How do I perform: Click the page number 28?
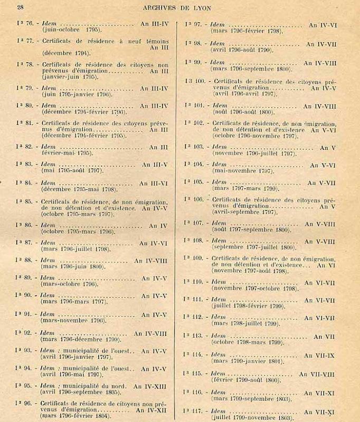(20, 7)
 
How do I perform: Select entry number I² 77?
(25, 41)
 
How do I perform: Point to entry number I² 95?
(25, 386)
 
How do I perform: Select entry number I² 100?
(195, 81)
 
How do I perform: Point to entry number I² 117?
(194, 410)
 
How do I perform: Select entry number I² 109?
(194, 257)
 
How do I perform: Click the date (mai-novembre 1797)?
(242, 171)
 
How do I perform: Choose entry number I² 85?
(25, 201)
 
